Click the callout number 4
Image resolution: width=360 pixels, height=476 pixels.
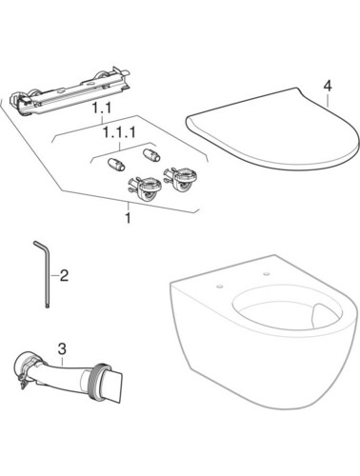coord(328,86)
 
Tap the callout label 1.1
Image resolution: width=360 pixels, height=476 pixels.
coord(101,109)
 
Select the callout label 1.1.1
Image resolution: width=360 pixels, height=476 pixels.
coord(119,132)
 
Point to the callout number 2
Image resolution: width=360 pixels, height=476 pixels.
coord(64,275)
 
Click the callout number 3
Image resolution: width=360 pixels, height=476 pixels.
coord(63,349)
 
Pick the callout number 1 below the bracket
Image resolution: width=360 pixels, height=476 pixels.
coord(128,218)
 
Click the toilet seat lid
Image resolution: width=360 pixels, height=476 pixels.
coord(272,128)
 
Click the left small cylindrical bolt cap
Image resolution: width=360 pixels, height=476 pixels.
coord(116,165)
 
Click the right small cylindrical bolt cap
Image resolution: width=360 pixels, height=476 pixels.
coord(151,155)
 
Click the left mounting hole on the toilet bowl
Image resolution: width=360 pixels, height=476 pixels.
coord(219,287)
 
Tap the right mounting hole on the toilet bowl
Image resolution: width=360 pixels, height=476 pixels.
coord(266,273)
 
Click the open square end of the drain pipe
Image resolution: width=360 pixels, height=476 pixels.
coord(115,385)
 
